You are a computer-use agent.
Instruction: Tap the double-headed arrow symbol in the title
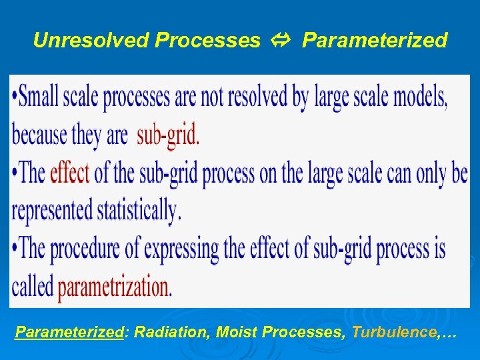point(281,41)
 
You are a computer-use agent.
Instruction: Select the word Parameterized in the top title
point(375,41)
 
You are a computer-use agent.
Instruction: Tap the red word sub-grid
point(168,135)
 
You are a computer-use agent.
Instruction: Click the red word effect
point(69,173)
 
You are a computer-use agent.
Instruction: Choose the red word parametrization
point(115,287)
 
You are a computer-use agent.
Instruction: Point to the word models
point(419,98)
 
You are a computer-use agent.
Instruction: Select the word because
point(39,135)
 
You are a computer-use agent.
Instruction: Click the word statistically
point(139,211)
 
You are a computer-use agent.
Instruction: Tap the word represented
point(52,211)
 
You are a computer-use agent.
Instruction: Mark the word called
point(32,287)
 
